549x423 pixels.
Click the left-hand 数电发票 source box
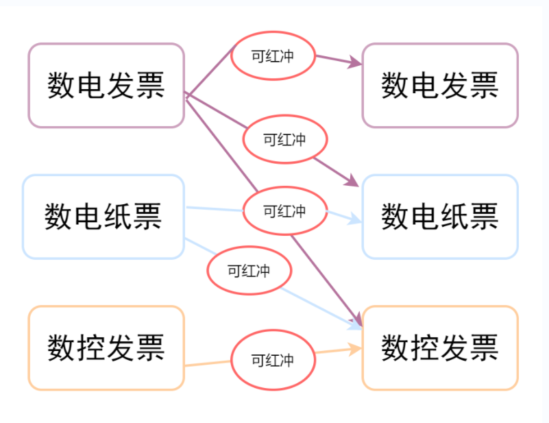(106, 86)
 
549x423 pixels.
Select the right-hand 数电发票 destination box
(439, 86)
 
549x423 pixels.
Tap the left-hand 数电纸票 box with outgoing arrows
(103, 217)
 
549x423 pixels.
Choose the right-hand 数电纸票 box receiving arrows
(439, 217)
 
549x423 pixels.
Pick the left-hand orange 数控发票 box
(106, 348)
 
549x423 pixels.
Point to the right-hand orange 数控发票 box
(439, 348)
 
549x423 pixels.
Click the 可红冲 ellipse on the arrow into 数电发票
(273, 56)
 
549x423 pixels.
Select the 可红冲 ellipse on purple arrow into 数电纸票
(284, 140)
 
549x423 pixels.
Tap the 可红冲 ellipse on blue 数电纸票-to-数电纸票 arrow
(284, 211)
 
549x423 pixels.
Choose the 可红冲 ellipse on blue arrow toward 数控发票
(249, 271)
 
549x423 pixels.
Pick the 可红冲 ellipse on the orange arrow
(273, 360)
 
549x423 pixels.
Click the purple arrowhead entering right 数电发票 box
(356, 63)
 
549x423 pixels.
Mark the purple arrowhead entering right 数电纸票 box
(353, 181)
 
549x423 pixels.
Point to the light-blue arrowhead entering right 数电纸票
(355, 219)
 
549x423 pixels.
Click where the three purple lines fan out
(186, 95)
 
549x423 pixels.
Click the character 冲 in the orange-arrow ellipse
(287, 360)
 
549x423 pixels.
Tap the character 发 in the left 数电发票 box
(121, 86)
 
